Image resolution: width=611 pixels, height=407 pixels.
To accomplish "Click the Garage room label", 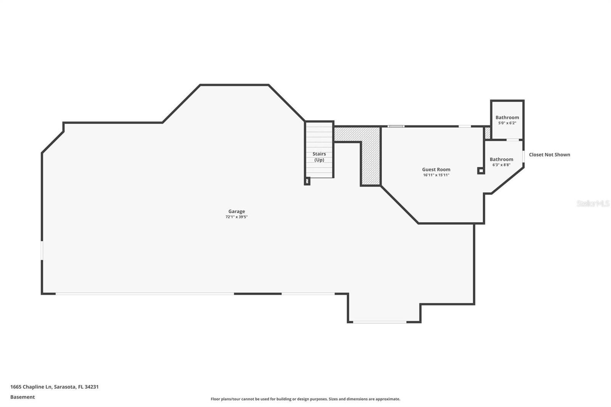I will coord(236,211).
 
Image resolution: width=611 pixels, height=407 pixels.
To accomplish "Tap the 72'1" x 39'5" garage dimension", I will coord(236,217).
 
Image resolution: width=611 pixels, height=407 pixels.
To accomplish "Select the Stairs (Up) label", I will coord(319,157).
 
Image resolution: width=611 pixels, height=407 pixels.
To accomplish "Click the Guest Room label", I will coord(436,169).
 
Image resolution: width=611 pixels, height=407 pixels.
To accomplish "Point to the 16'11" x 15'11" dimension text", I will coord(436,175).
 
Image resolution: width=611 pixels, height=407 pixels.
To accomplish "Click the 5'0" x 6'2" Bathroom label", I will coord(507,118).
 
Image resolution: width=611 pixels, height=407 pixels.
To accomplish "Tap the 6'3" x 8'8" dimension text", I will coord(501,165).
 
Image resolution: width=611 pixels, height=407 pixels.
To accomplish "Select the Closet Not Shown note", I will coord(549,155).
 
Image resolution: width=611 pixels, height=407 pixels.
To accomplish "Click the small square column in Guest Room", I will coord(481,171).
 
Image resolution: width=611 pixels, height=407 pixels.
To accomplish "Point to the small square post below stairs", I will coord(307,181).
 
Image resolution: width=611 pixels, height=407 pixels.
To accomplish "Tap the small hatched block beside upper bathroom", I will coord(487,133).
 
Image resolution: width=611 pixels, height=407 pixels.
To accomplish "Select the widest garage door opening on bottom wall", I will coord(144,294).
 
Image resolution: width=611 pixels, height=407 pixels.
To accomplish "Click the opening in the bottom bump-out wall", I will coord(379,322).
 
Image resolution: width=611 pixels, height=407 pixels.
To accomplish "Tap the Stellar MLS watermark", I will coord(593,203).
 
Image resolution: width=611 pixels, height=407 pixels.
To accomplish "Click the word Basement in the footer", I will coord(22,397).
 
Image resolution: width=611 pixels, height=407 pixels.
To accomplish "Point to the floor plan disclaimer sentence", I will coord(305,399).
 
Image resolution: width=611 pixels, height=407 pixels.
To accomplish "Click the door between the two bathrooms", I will coord(513,140).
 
